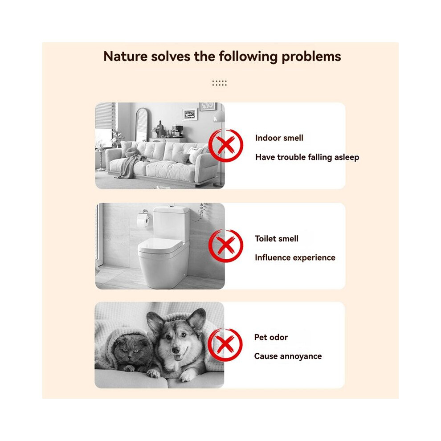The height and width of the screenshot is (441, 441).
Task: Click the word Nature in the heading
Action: point(126,56)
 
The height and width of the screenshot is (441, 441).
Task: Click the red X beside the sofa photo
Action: point(225,145)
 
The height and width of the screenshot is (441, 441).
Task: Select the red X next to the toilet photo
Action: point(225,246)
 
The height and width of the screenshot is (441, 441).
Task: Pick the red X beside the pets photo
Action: point(225,344)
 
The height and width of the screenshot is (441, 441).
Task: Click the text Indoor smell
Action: point(279,138)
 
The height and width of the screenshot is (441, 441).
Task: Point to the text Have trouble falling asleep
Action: point(307,157)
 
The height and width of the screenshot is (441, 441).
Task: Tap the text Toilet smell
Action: point(277,238)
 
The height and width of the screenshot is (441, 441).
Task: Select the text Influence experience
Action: point(295,257)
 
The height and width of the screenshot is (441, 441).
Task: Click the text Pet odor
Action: point(271,337)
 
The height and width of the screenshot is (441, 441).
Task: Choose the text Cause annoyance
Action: point(288,356)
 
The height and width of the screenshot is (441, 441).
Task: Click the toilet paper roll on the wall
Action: point(143,221)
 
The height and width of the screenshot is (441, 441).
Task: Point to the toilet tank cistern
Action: point(171,222)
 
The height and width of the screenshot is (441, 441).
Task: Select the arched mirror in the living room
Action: point(142,125)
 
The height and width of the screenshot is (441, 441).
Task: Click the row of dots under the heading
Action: point(219,83)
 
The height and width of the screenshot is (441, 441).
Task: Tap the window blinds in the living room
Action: point(105,115)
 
